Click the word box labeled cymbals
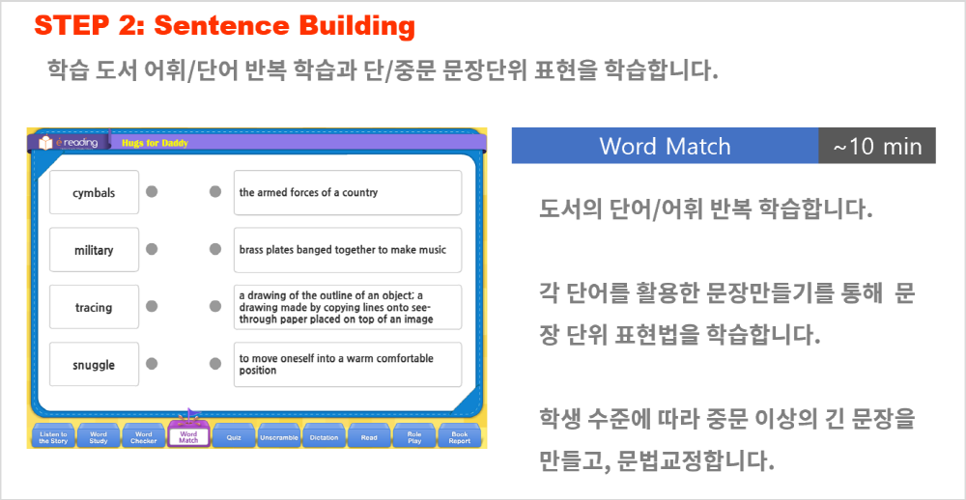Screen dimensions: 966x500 [95, 193]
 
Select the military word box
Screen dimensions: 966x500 [95, 250]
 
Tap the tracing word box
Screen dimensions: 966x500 [95, 307]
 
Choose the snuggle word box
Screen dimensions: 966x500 [95, 365]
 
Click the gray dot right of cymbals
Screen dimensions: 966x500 [152, 191]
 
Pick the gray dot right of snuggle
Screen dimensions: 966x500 [152, 363]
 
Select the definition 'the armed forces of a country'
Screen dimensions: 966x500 [348, 193]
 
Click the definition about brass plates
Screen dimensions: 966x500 [348, 250]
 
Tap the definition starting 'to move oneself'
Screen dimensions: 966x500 [348, 365]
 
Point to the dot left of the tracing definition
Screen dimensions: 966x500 [215, 306]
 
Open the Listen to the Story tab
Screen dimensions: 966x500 [53, 436]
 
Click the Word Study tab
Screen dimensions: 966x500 [99, 436]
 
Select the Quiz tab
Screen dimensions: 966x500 [234, 436]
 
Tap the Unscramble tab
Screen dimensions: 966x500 [279, 436]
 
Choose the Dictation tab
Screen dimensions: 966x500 [324, 436]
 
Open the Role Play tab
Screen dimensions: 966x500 [414, 436]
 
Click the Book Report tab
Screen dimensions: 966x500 [460, 436]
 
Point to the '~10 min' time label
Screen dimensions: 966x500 [877, 146]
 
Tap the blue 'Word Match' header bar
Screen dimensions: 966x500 [666, 146]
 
